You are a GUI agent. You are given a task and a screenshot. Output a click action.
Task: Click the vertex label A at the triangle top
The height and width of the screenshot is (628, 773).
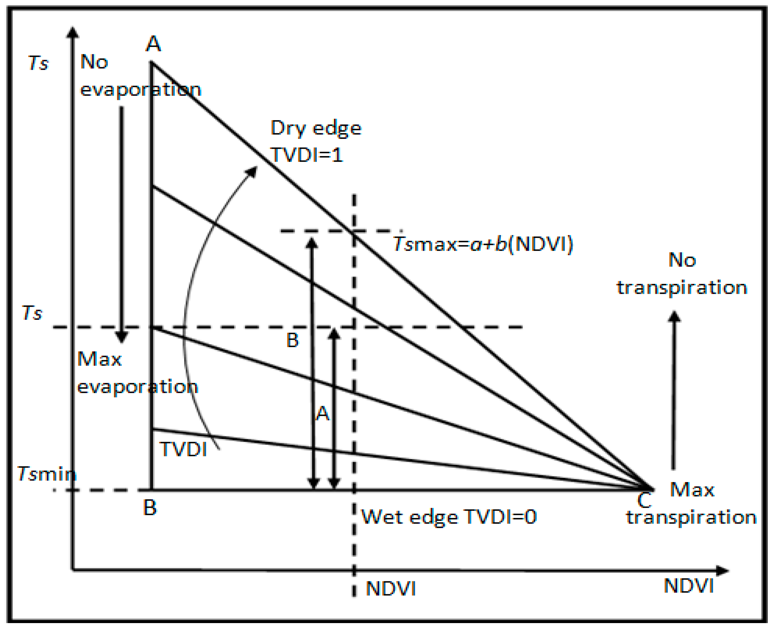pyautogui.click(x=153, y=44)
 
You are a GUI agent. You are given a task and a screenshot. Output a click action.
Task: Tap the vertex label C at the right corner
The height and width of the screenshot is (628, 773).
pyautogui.click(x=645, y=501)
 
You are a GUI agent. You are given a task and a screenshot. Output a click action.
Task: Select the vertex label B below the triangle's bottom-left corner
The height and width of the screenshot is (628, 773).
pyautogui.click(x=150, y=508)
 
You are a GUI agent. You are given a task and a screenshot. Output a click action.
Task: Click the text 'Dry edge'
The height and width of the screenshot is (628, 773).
pyautogui.click(x=316, y=128)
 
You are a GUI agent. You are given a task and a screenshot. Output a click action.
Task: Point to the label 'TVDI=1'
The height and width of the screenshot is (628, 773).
pyautogui.click(x=307, y=155)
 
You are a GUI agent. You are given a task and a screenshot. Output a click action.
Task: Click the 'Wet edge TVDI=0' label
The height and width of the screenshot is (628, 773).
pyautogui.click(x=449, y=517)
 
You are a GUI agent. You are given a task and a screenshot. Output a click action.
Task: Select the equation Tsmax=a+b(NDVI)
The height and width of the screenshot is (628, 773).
pyautogui.click(x=483, y=244)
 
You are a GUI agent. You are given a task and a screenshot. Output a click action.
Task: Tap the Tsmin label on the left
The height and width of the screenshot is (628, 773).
pyautogui.click(x=47, y=474)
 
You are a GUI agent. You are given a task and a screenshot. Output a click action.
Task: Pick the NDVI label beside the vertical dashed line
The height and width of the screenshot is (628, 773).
pyautogui.click(x=391, y=589)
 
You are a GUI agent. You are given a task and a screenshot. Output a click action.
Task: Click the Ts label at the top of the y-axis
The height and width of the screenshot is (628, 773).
pyautogui.click(x=38, y=63)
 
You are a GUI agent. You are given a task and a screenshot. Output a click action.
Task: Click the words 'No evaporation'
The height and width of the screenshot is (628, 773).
pyautogui.click(x=140, y=76)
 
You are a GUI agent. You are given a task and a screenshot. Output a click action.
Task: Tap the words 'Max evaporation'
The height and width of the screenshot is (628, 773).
pyautogui.click(x=137, y=373)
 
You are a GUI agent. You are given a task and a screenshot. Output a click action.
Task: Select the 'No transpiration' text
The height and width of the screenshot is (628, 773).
pyautogui.click(x=682, y=274)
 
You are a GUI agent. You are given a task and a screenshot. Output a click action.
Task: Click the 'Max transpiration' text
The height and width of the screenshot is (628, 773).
pyautogui.click(x=691, y=504)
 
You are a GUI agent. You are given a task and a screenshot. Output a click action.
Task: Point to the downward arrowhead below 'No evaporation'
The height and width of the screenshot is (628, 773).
pyautogui.click(x=122, y=337)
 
